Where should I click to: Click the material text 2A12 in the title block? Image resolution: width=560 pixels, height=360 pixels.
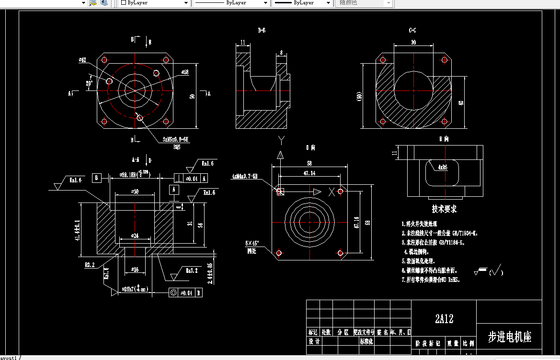(444, 319)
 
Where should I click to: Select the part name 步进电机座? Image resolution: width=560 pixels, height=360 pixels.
(510, 337)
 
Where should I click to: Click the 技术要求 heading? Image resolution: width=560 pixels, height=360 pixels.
(444, 209)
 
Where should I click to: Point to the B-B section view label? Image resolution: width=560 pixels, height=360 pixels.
(262, 31)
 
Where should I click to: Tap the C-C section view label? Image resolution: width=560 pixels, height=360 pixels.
(412, 31)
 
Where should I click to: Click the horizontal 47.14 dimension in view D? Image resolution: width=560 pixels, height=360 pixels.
(309, 173)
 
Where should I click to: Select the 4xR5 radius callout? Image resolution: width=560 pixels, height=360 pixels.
(442, 168)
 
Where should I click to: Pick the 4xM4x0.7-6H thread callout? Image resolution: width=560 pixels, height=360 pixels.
(245, 176)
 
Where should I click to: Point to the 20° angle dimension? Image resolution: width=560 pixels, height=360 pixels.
(89, 83)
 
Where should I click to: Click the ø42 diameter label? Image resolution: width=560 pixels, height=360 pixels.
(82, 60)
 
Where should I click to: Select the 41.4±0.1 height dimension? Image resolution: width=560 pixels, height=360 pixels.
(77, 230)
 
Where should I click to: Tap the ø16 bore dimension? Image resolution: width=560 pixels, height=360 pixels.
(135, 270)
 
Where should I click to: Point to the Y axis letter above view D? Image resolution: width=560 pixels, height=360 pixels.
(282, 140)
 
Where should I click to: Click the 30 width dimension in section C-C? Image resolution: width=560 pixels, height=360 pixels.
(413, 43)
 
